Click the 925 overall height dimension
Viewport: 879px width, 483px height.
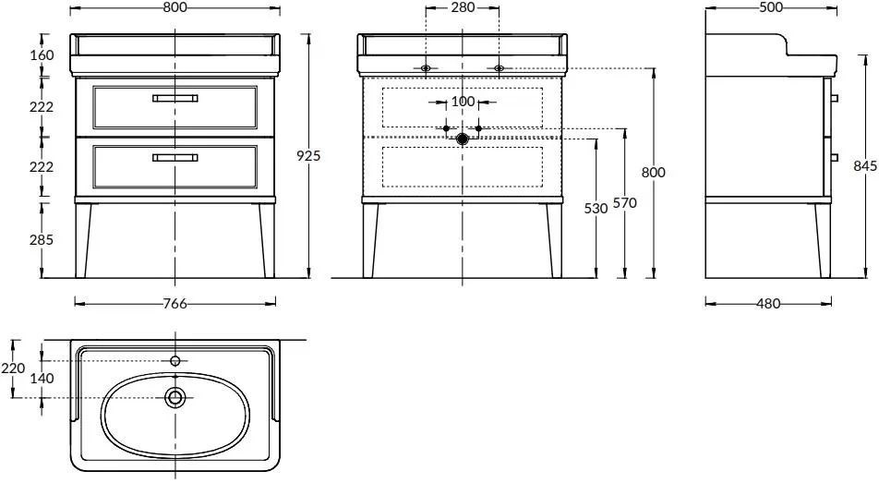tap(308, 156)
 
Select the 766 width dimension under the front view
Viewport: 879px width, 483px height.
tap(175, 304)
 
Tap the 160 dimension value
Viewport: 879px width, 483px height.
tap(41, 54)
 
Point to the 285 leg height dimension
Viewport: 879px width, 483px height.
tap(41, 239)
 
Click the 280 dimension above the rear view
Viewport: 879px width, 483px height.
tap(463, 7)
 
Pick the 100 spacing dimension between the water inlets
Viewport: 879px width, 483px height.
tap(463, 102)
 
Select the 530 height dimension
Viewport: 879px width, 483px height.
tap(596, 209)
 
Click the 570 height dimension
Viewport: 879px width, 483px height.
tap(625, 204)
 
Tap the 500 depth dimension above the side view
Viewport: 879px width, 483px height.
tap(770, 7)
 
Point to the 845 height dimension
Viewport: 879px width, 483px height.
tap(865, 166)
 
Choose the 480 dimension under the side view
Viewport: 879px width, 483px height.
tap(768, 304)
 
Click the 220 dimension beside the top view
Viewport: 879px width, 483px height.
tap(13, 368)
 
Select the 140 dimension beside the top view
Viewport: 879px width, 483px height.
tap(42, 378)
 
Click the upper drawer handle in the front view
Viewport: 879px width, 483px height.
tap(175, 97)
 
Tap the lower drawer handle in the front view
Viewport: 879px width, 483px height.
tap(175, 157)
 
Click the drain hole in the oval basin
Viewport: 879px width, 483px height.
tap(175, 398)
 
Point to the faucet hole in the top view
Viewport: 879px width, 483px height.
tap(175, 359)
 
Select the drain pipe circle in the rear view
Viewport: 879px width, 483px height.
tap(463, 139)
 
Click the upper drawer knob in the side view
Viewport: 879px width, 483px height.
tap(834, 98)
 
